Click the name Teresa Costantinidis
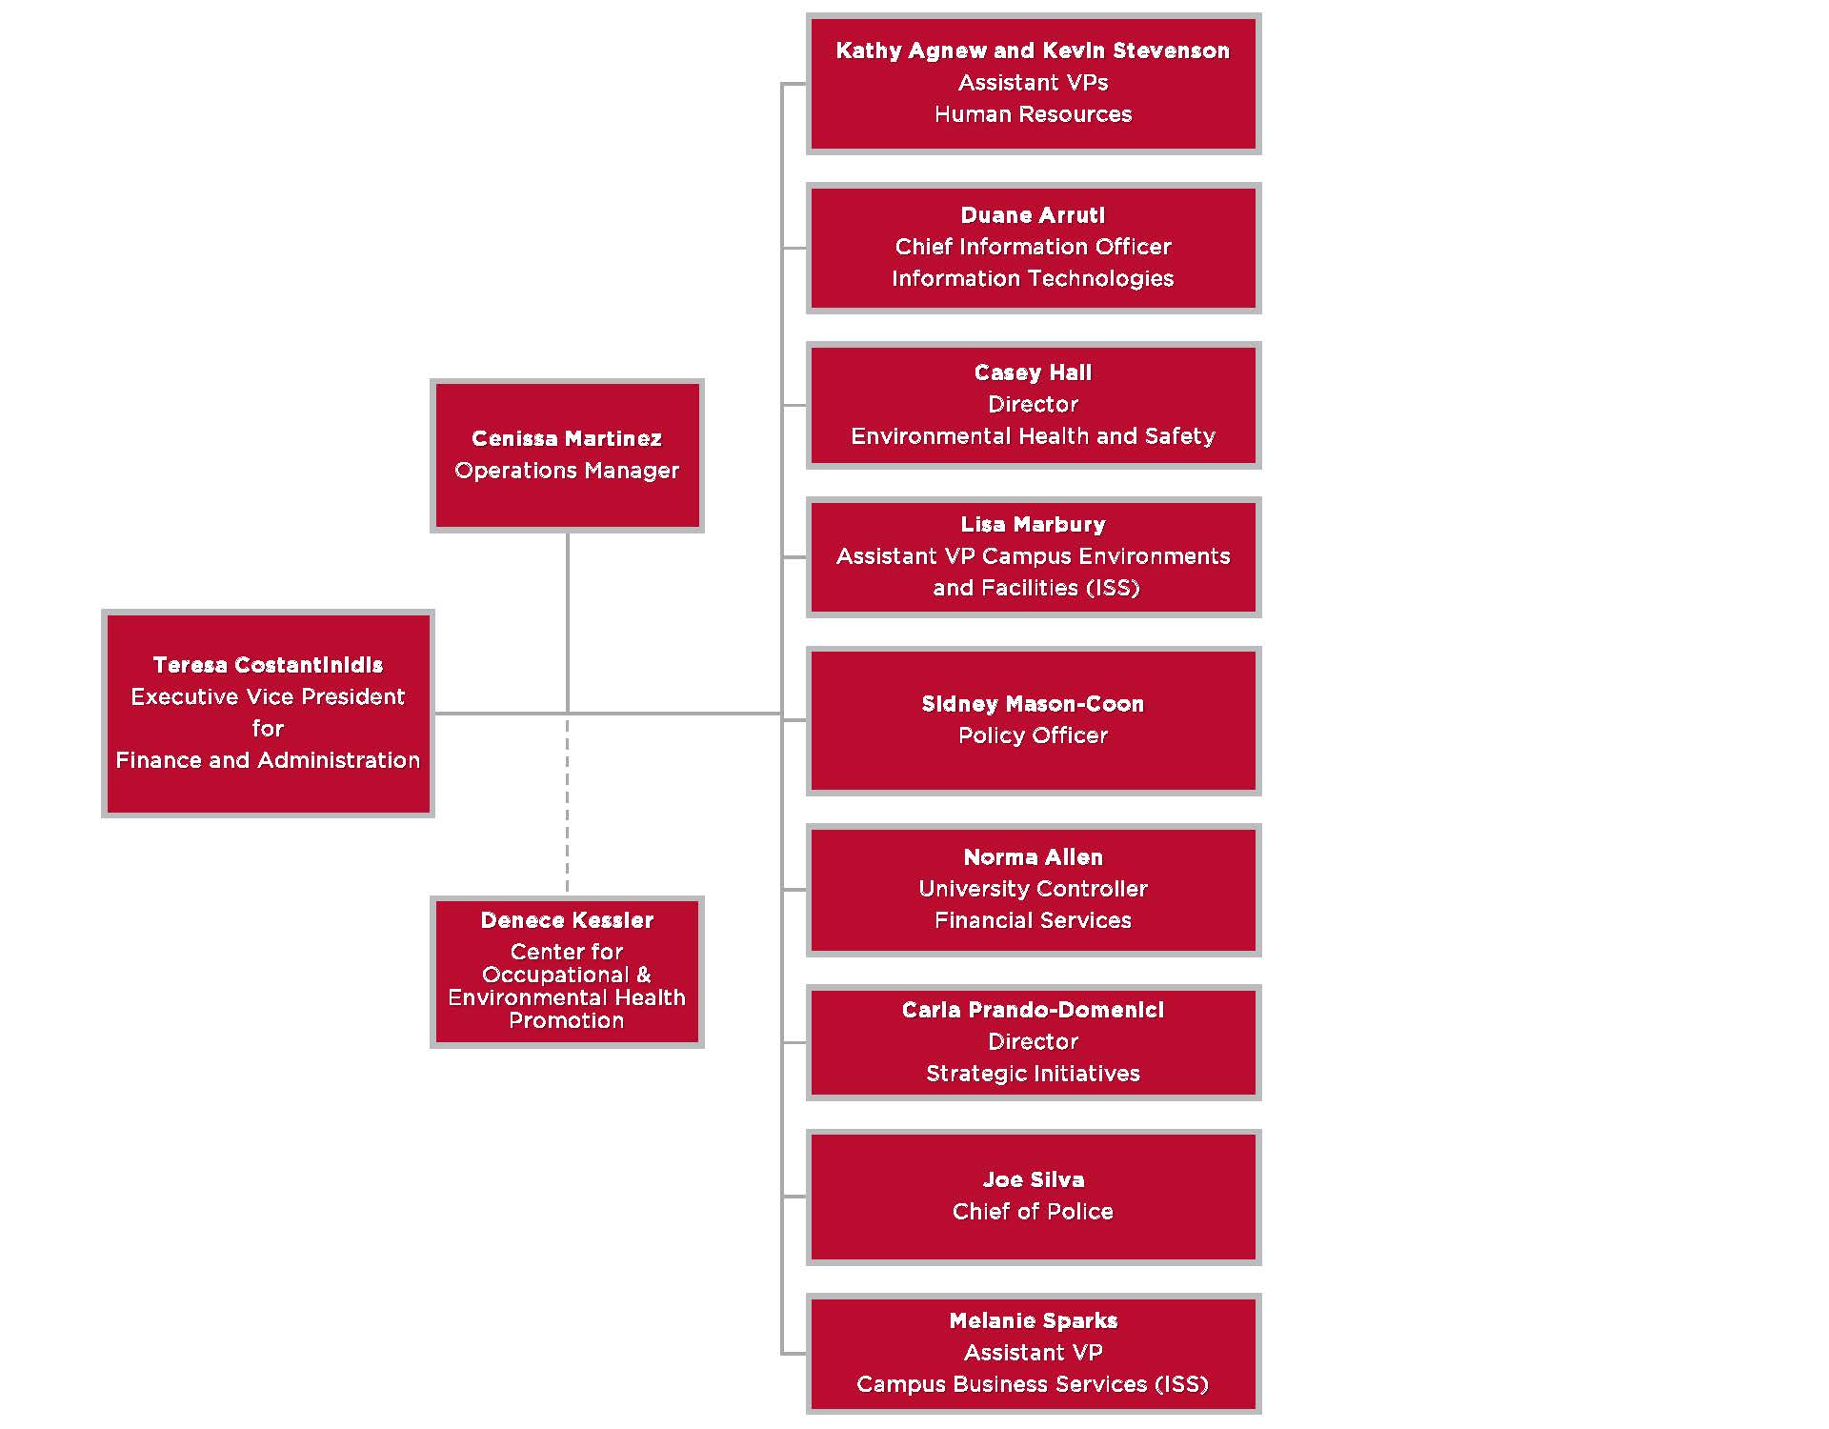[x=268, y=665]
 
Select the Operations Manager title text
[x=567, y=471]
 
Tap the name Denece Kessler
[x=567, y=920]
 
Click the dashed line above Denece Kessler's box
[x=567, y=810]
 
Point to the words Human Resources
[x=1033, y=114]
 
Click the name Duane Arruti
[x=1033, y=215]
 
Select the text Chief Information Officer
[x=1033, y=247]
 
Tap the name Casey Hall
[x=1033, y=372]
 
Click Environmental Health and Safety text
[x=1033, y=436]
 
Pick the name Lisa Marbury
[x=1033, y=525]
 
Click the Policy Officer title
[x=1033, y=735]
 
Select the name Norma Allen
[x=1033, y=857]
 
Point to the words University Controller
[x=1033, y=889]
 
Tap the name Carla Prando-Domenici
[x=1033, y=1010]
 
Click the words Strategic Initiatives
[x=1033, y=1074]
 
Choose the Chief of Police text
[x=1033, y=1212]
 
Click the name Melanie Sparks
[x=1033, y=1320]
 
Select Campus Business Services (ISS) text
[x=1033, y=1384]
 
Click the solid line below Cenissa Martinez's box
[x=567, y=619]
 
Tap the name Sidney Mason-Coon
[x=1033, y=704]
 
